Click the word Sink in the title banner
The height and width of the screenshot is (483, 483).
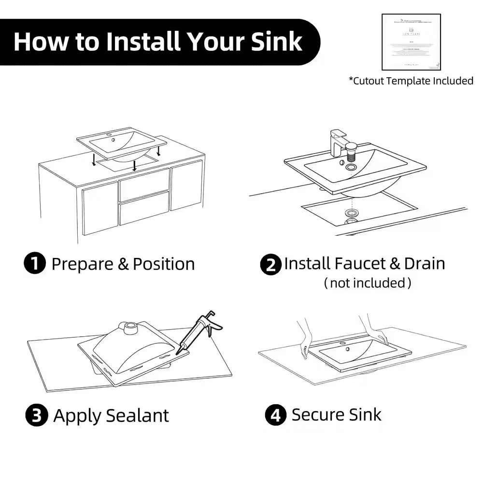tap(277, 42)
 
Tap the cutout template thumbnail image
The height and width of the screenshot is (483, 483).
tap(411, 43)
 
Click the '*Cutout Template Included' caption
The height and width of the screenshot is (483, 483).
tap(411, 81)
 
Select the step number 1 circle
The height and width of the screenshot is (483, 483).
tap(34, 264)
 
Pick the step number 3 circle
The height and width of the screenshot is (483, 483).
tap(36, 415)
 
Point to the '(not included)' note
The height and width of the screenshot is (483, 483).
tap(368, 283)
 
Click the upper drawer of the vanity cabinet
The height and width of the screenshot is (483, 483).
tap(144, 182)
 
